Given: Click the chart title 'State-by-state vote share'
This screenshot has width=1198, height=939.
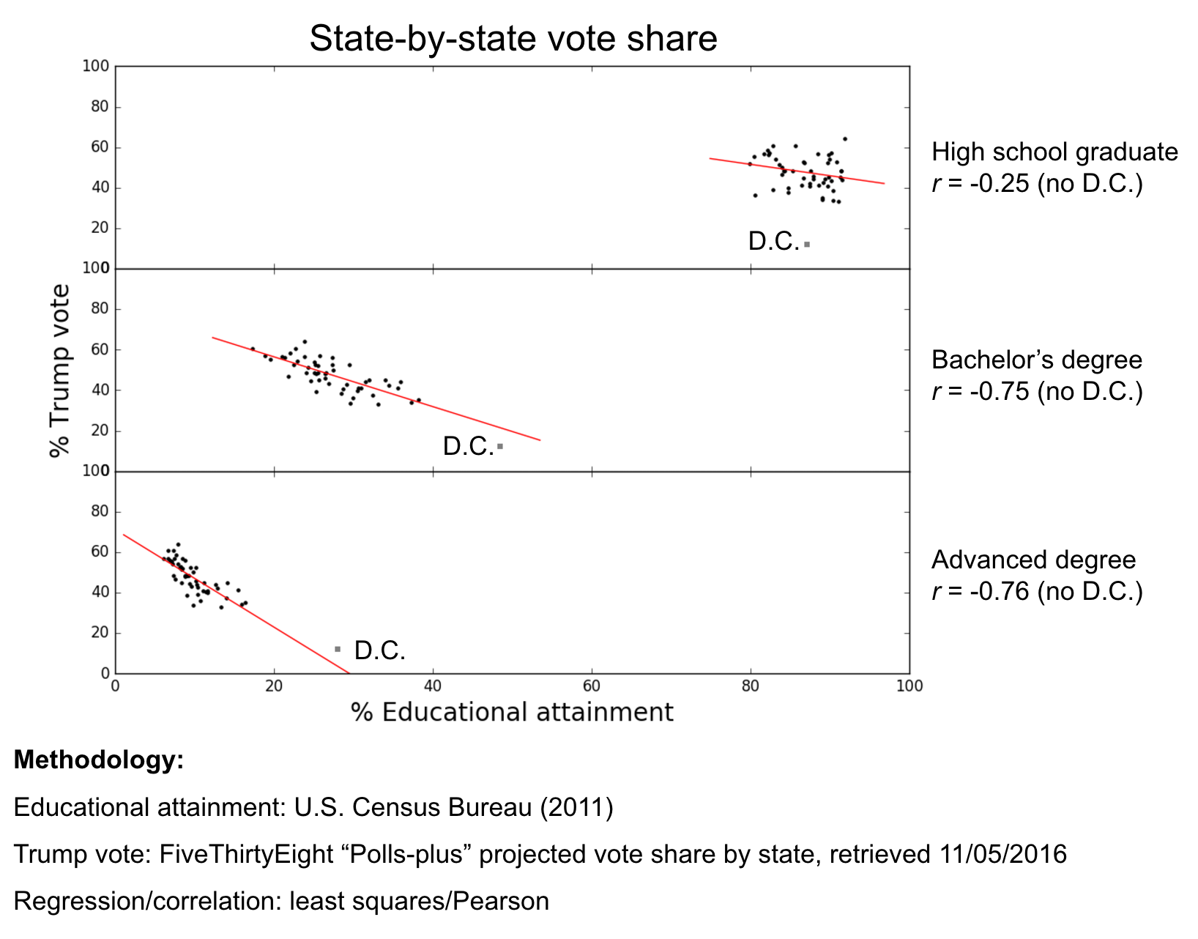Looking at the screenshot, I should pyautogui.click(x=513, y=39).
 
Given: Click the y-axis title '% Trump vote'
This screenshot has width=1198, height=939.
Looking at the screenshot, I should pyautogui.click(x=60, y=371).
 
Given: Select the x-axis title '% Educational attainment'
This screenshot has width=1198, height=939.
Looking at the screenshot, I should pyautogui.click(x=512, y=712).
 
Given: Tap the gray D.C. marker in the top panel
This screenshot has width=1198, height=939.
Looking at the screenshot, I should pyautogui.click(x=807, y=244).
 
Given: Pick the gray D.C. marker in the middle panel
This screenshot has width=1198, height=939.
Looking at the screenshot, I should pyautogui.click(x=500, y=446).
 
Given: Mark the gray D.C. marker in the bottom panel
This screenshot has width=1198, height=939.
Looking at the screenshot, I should pyautogui.click(x=338, y=649).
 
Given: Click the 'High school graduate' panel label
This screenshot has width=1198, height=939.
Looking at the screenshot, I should pyautogui.click(x=1054, y=152).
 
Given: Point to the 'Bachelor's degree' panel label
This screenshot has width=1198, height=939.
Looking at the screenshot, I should pyautogui.click(x=1036, y=360).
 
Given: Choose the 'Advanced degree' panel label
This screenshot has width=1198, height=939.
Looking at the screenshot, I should pyautogui.click(x=1033, y=560).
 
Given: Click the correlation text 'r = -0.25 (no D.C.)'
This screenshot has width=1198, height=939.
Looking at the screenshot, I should pyautogui.click(x=1037, y=183).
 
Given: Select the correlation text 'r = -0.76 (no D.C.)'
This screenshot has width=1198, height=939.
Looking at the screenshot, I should pyautogui.click(x=1037, y=591).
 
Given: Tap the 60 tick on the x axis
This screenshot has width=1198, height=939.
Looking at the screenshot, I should pyautogui.click(x=592, y=686).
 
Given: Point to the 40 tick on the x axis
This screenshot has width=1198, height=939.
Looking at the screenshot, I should pyautogui.click(x=433, y=686).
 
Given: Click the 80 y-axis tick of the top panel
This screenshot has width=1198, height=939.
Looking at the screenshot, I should pyautogui.click(x=100, y=107).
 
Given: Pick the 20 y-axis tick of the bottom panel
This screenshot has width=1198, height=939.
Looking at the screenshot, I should pyautogui.click(x=100, y=633).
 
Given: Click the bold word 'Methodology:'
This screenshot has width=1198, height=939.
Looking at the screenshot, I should pyautogui.click(x=98, y=760).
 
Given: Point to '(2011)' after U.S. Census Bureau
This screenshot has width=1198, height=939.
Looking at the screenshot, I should pyautogui.click(x=576, y=807).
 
